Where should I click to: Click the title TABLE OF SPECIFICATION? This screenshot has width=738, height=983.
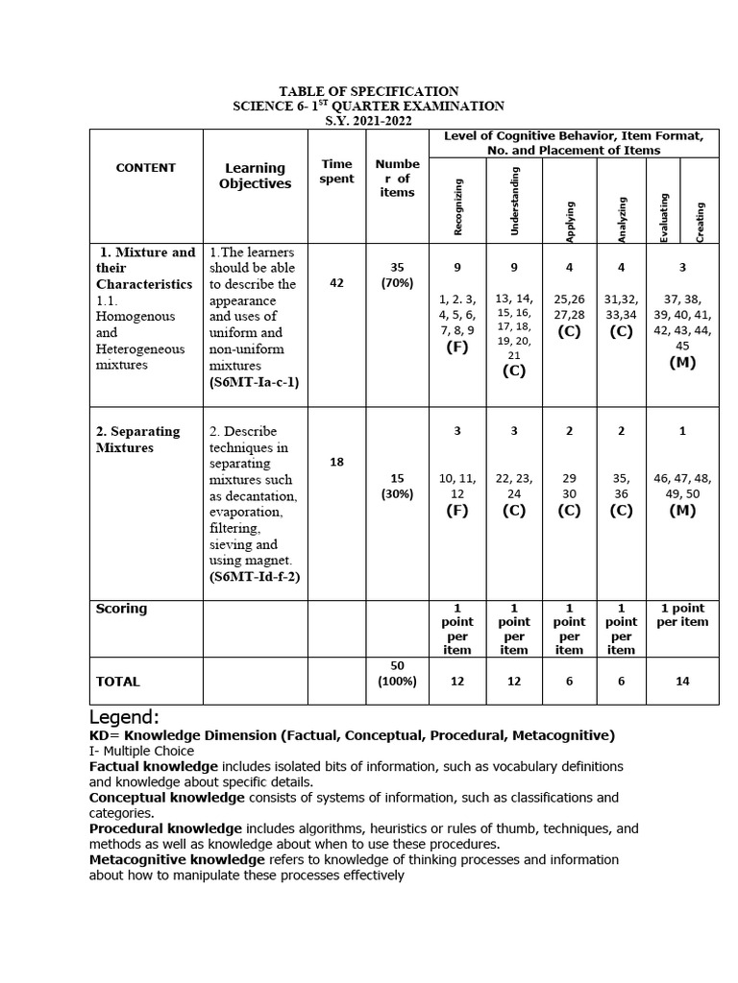coord(369,91)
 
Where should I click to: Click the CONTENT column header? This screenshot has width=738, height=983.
coord(146,167)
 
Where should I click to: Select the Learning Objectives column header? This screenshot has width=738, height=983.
coord(255,176)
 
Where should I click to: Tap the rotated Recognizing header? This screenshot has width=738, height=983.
coord(458,206)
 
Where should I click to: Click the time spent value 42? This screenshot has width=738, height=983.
coord(336,283)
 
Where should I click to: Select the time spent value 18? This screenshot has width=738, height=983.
coord(336,462)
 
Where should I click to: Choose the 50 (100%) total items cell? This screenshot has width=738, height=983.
coord(397,673)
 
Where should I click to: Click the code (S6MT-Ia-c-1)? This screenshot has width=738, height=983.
coord(255,382)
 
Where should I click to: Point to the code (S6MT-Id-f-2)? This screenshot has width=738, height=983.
coord(255,577)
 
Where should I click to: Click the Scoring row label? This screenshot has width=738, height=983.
coord(122,609)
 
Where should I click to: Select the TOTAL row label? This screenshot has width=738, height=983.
coord(118,682)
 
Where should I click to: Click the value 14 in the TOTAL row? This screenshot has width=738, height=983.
coord(682,682)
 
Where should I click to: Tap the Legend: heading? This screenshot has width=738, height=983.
coord(124,718)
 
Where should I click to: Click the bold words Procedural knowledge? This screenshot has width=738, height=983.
coord(165,828)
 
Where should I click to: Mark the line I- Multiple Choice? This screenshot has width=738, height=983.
coord(141,751)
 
